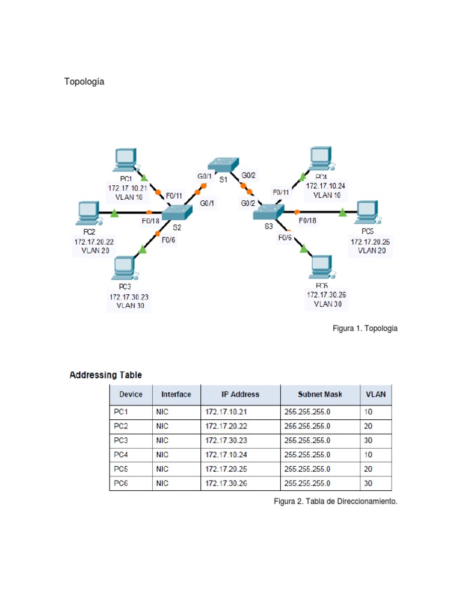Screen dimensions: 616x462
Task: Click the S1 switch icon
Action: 223,163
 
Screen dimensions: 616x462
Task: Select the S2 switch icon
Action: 177,212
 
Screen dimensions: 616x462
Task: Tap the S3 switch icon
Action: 268,212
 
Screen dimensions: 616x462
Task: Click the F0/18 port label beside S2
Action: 150,221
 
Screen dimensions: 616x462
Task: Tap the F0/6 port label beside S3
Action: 285,238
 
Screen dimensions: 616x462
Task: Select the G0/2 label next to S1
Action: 249,175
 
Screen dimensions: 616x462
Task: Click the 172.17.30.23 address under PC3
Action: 129,297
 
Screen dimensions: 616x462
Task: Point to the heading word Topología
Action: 84,82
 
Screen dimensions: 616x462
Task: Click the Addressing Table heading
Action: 106,375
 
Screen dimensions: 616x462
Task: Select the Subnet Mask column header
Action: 320,395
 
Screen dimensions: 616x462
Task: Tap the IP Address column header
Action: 240,395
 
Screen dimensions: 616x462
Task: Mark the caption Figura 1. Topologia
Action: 365,328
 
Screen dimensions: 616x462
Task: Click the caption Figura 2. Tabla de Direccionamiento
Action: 336,501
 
